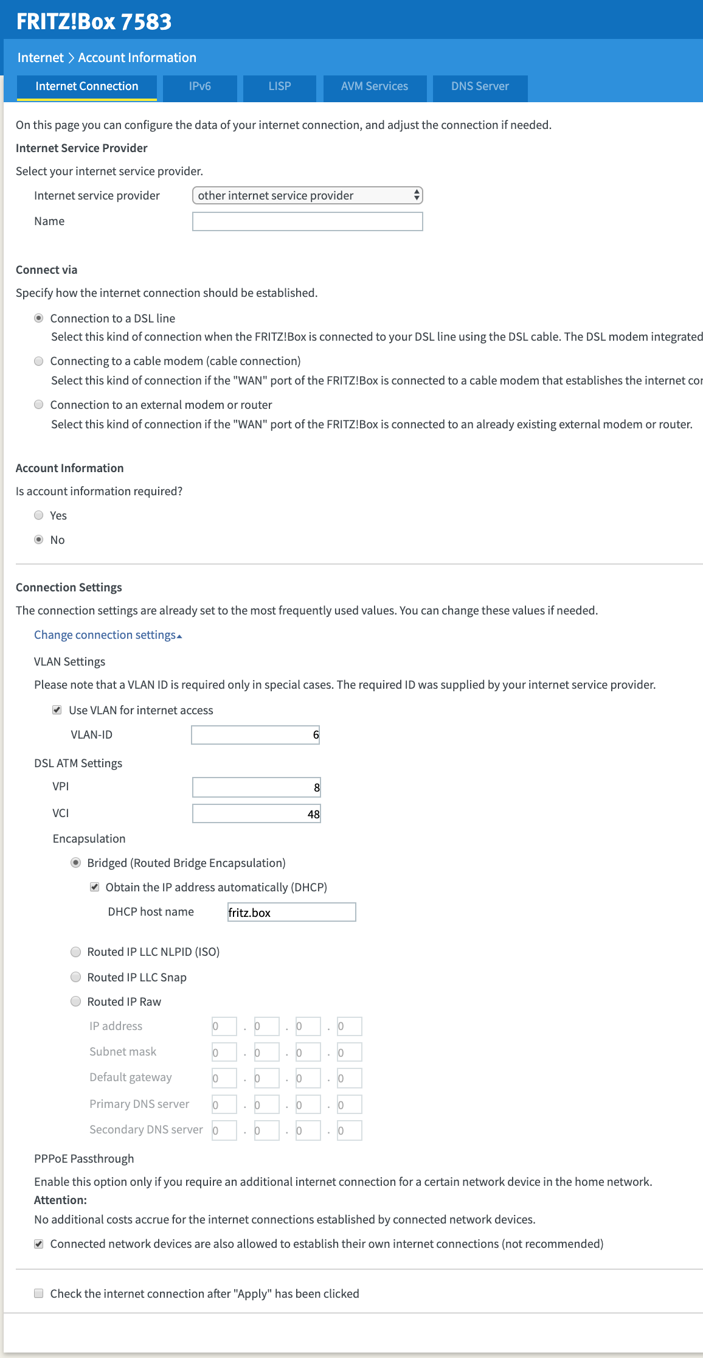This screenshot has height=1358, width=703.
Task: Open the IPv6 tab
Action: pyautogui.click(x=199, y=86)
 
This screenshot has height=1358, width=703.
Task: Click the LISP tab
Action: pyautogui.click(x=280, y=86)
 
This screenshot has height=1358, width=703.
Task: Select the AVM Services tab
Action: pyautogui.click(x=375, y=86)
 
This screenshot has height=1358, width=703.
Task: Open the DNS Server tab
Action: pyautogui.click(x=480, y=86)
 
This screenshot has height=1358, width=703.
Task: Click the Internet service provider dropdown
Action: pyautogui.click(x=307, y=195)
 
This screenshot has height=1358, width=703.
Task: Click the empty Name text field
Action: pyautogui.click(x=307, y=221)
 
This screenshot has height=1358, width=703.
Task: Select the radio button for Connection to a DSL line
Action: pyautogui.click(x=39, y=318)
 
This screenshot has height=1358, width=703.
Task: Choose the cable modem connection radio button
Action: pyautogui.click(x=39, y=361)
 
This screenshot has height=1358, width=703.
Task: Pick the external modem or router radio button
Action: pyautogui.click(x=39, y=405)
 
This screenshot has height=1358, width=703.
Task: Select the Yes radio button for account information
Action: pyautogui.click(x=39, y=515)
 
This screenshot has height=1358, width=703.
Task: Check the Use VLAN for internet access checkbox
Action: pyautogui.click(x=57, y=710)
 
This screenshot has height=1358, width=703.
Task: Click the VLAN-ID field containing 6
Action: pyautogui.click(x=255, y=735)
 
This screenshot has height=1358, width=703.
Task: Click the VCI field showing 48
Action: pyautogui.click(x=256, y=814)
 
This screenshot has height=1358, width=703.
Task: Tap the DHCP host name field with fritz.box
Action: pyautogui.click(x=291, y=912)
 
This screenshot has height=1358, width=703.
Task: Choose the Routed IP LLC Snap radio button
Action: pyautogui.click(x=76, y=977)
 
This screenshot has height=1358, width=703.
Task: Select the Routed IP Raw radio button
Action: pyautogui.click(x=76, y=1001)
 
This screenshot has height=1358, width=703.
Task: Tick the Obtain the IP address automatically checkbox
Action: pyautogui.click(x=94, y=887)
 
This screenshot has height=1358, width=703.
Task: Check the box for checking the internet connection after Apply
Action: pyautogui.click(x=39, y=1294)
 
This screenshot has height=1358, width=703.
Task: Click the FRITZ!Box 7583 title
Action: pyautogui.click(x=94, y=21)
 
